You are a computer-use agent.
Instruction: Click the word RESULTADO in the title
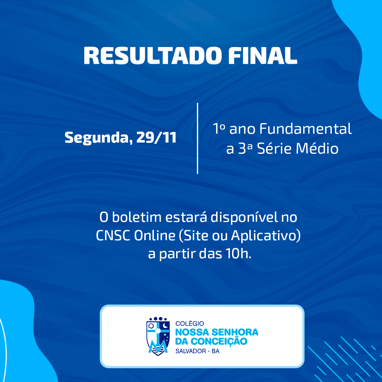(152, 56)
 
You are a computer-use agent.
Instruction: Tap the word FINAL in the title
(263, 56)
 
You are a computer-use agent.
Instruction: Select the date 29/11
(156, 137)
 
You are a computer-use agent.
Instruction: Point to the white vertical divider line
(197, 138)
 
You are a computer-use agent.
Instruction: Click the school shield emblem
(158, 336)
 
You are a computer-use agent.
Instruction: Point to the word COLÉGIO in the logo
(190, 323)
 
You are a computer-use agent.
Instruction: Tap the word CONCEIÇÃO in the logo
(219, 341)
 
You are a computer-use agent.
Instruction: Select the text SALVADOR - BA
(197, 351)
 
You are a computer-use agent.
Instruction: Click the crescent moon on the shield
(165, 325)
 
